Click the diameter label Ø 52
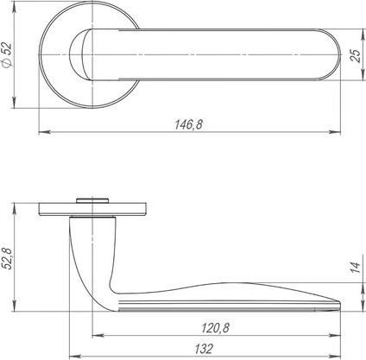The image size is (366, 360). (x=7, y=55)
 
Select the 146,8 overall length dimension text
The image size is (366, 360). (x=189, y=124)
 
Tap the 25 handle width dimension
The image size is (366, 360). (x=357, y=56)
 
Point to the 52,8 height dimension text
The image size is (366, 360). (x=9, y=259)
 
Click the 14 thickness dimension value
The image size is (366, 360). (x=357, y=268)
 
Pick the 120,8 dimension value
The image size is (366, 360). (x=216, y=328)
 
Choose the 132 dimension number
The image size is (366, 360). (x=204, y=349)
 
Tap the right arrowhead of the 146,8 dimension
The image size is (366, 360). (x=335, y=132)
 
